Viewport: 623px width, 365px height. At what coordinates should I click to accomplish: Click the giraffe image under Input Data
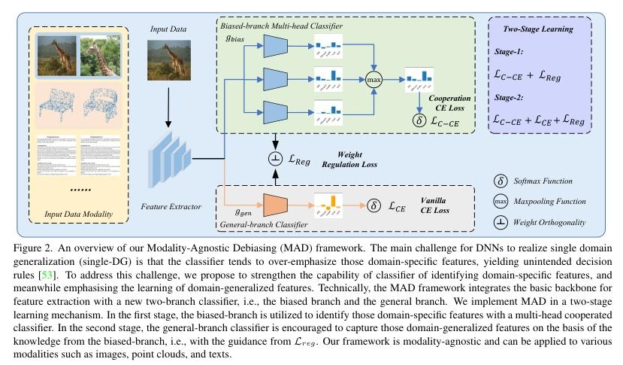(x=168, y=59)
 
